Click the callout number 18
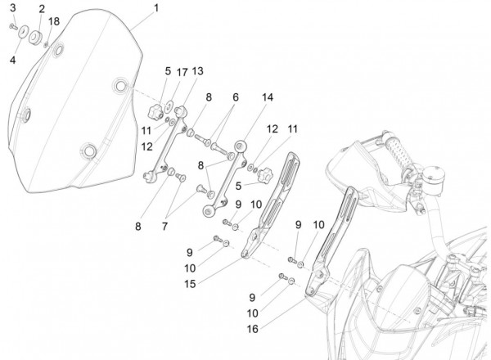54,20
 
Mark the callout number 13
196,72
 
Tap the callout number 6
236,97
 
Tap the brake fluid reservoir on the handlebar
434,175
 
